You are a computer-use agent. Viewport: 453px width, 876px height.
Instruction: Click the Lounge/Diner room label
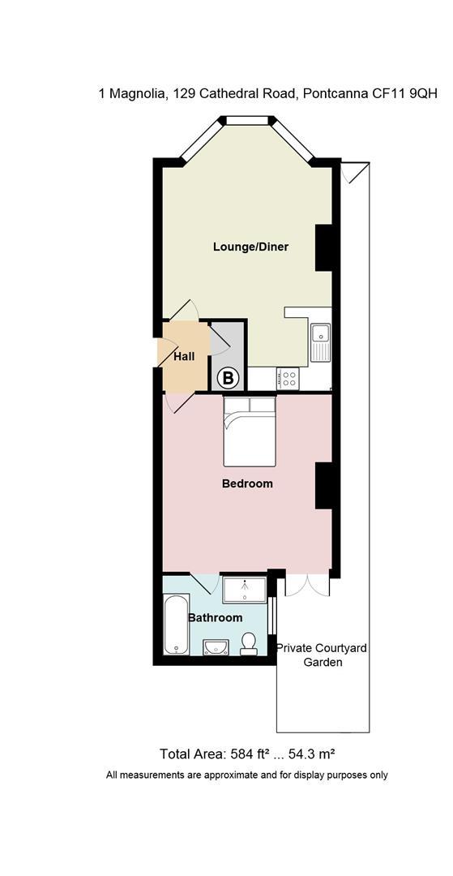[x=250, y=247]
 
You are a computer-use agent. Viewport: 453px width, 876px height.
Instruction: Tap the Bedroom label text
[x=247, y=483]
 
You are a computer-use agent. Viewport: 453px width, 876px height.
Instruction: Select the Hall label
[x=184, y=356]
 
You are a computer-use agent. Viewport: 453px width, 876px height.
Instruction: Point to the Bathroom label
[x=215, y=618]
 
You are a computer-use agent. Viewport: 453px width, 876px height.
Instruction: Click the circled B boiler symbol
[x=228, y=378]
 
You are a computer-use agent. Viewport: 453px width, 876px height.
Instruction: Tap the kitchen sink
[x=321, y=342]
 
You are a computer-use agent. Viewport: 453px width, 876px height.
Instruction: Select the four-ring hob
[x=289, y=380]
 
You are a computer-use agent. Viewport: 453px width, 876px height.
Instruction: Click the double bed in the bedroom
[x=250, y=432]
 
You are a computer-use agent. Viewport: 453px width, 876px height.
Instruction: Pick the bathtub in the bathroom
[x=177, y=625]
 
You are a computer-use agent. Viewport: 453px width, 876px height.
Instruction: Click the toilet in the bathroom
[x=248, y=643]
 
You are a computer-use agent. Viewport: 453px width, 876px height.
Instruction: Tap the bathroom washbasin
[x=215, y=647]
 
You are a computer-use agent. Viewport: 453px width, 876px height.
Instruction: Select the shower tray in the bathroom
[x=245, y=590]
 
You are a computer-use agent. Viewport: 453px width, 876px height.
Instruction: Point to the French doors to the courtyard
[x=307, y=584]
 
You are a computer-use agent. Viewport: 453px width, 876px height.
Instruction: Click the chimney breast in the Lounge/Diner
[x=324, y=248]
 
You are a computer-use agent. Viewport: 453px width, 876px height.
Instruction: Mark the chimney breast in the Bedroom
[x=324, y=486]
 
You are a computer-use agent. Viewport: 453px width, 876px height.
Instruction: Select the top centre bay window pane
[x=246, y=119]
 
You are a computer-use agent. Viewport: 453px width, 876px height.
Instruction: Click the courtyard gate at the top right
[x=355, y=172]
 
